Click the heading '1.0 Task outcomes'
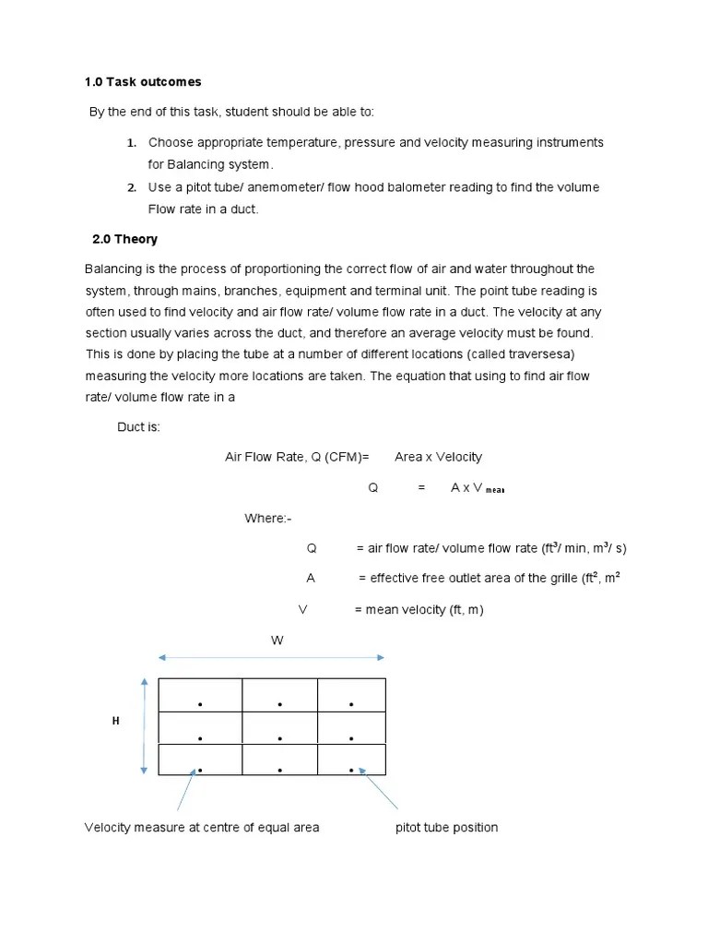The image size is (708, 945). (142, 82)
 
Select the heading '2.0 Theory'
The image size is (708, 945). (124, 239)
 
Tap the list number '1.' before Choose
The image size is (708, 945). (131, 142)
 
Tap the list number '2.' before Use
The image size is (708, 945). (131, 187)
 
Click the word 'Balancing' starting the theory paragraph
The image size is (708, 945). (112, 269)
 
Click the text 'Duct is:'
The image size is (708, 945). (138, 427)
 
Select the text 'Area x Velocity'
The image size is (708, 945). (438, 457)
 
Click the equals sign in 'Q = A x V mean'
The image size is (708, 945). (421, 488)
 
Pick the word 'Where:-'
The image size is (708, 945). (267, 519)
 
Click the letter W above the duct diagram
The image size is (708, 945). (275, 639)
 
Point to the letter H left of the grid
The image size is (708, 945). (116, 721)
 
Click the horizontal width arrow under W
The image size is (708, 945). (272, 658)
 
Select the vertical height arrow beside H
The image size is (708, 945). (144, 725)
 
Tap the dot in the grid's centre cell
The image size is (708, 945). (279, 738)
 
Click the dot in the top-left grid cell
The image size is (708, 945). (199, 705)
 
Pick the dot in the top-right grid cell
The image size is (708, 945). (351, 705)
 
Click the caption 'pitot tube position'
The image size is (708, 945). (446, 828)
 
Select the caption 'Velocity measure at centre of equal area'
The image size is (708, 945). (202, 828)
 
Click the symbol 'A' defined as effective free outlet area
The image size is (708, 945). (311, 578)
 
